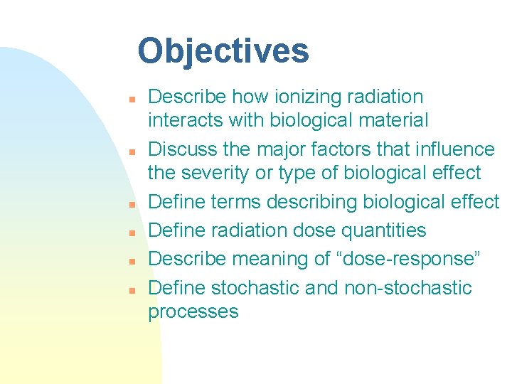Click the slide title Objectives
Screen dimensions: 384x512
tap(223, 51)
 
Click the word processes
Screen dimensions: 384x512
tap(193, 312)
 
